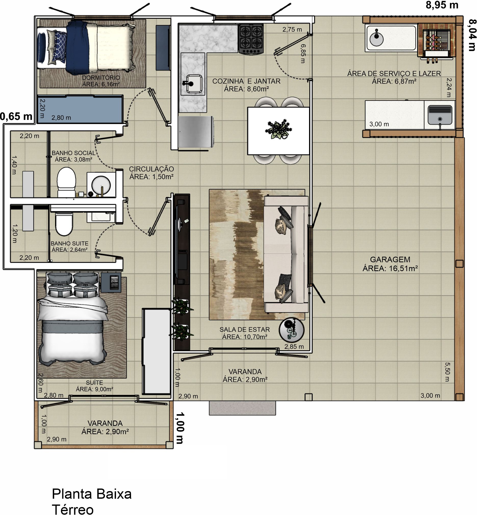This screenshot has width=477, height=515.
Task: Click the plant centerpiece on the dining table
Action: pos(278,129)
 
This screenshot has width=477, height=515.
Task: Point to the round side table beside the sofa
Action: pos(292,330)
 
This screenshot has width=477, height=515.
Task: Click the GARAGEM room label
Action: pos(390,259)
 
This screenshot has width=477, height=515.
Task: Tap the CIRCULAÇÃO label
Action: pos(151,169)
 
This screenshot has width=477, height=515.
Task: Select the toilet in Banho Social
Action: pos(66,182)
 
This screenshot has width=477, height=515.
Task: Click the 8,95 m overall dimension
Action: pos(442,5)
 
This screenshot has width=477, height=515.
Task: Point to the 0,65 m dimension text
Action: pos(16,117)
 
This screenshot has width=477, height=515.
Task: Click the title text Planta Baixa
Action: pos(92,494)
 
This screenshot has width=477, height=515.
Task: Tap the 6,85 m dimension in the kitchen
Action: pos(303,54)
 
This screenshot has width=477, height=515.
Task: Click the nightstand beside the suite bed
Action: pos(111,283)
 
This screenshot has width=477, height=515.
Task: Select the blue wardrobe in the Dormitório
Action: pos(80,109)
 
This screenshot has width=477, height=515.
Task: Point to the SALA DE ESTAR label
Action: pos(245,329)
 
